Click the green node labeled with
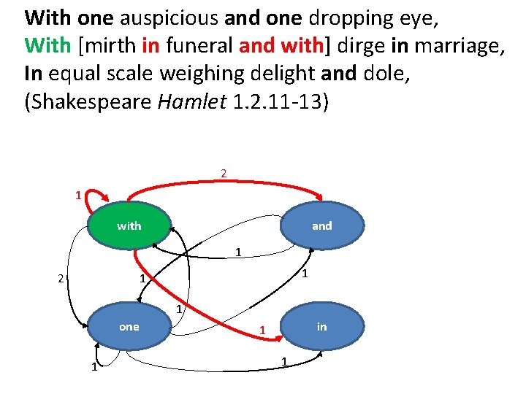tap(129, 225)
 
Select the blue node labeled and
tap(321, 225)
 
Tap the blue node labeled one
tap(129, 326)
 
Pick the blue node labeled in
tap(321, 326)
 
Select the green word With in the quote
tap(47, 45)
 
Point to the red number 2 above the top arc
tap(224, 174)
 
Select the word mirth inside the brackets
tap(110, 45)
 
